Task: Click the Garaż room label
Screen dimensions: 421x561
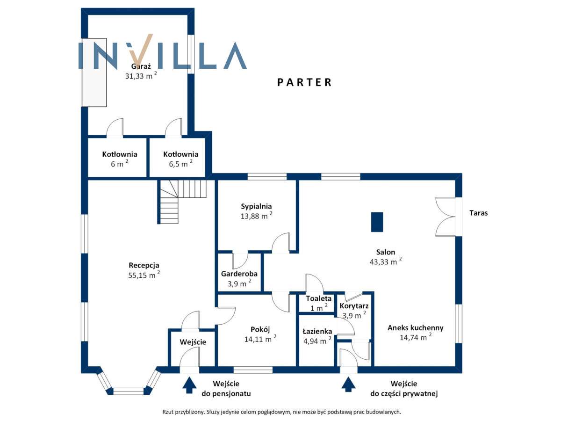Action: tap(137, 66)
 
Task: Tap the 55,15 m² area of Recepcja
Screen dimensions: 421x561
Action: tap(142, 276)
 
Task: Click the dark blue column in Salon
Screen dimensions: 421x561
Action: tap(377, 222)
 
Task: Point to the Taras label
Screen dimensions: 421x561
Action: tap(478, 213)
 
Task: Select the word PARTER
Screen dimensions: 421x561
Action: tap(304, 82)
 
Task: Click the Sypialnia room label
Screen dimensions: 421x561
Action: tap(256, 206)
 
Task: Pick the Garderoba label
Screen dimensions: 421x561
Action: tap(239, 274)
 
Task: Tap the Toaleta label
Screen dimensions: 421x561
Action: tap(319, 298)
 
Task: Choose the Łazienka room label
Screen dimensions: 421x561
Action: tap(317, 331)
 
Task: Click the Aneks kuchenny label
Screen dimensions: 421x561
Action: tap(415, 327)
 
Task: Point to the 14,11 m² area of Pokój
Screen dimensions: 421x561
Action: tap(258, 340)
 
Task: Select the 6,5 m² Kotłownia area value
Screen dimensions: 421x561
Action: tap(178, 164)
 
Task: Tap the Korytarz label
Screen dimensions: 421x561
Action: tap(354, 306)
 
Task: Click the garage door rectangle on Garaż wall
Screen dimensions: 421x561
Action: tap(94, 73)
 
